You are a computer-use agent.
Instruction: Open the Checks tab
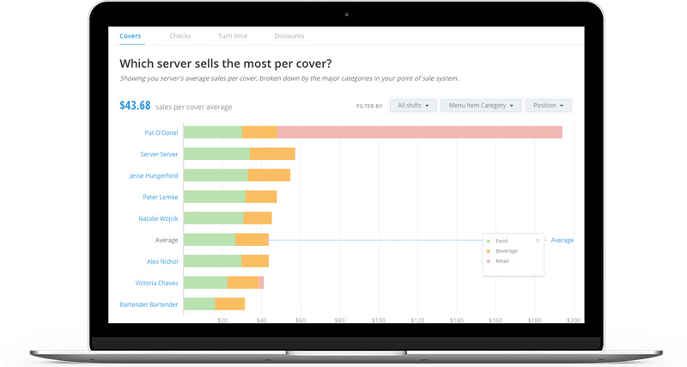coord(180,36)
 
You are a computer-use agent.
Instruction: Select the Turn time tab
coord(233,36)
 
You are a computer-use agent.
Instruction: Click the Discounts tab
coord(289,36)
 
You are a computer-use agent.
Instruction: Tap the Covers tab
coord(131,36)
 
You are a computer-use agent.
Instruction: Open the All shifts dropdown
coord(413,106)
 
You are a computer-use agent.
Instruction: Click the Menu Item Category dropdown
coord(481,106)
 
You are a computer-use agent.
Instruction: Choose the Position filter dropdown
coord(548,106)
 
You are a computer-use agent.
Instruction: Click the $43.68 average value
coord(135,106)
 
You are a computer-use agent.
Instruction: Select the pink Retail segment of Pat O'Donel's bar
coord(419,132)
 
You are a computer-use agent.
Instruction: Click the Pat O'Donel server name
coord(161,132)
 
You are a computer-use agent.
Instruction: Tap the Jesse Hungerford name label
coord(154,175)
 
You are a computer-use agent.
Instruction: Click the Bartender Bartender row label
coord(149,304)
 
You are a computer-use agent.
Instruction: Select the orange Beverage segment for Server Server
coord(272,154)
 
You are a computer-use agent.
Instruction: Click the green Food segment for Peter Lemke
coord(214,197)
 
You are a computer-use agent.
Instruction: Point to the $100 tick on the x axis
coord(379,320)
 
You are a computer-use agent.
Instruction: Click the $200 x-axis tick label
coord(574,320)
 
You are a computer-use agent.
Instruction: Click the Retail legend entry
coord(502,260)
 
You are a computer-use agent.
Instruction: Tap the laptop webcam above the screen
coord(346,14)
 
